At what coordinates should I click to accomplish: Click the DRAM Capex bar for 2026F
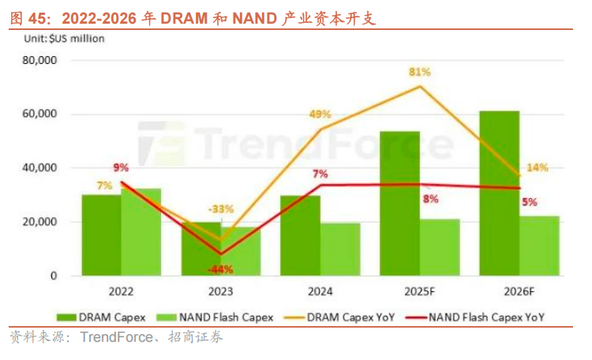500,193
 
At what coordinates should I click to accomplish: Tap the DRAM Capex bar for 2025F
399,204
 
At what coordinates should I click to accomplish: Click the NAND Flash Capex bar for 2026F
539,246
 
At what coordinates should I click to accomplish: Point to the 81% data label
419,72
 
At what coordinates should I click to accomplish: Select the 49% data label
320,114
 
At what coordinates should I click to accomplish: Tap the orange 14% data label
538,167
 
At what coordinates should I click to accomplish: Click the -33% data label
221,209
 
